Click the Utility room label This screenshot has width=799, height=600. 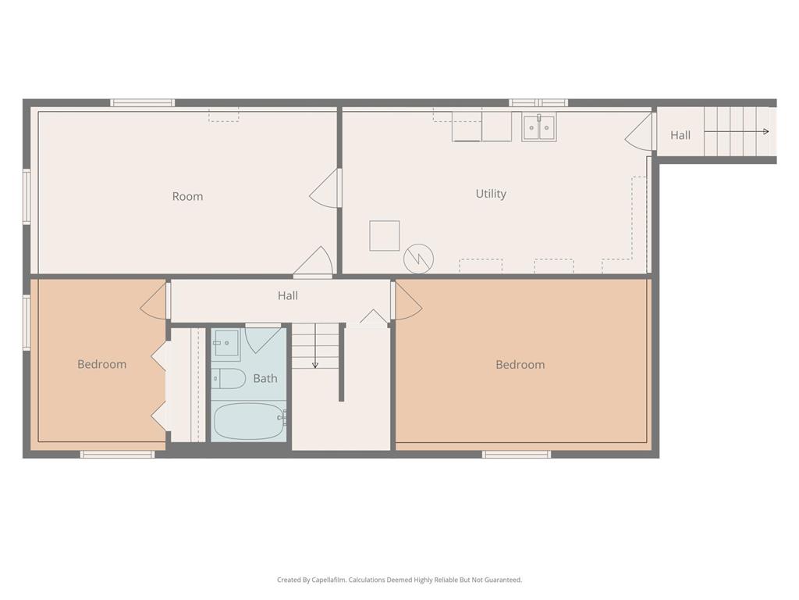click(491, 194)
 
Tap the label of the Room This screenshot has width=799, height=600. click(187, 197)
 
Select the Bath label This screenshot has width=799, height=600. click(265, 379)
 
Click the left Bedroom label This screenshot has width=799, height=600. click(101, 364)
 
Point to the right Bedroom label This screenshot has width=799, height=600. click(520, 365)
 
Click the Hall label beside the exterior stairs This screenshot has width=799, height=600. click(680, 135)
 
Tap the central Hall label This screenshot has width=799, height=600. click(287, 295)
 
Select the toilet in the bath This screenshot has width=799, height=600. click(229, 378)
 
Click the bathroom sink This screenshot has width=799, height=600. click(226, 342)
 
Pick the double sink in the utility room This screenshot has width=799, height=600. click(538, 127)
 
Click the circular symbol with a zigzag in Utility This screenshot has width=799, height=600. click(418, 258)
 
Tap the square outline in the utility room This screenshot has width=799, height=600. click(384, 235)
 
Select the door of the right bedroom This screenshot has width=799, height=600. click(407, 301)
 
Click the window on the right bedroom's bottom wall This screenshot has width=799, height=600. click(516, 454)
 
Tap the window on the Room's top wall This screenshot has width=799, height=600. click(142, 102)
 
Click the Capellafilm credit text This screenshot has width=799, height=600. click(399, 580)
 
